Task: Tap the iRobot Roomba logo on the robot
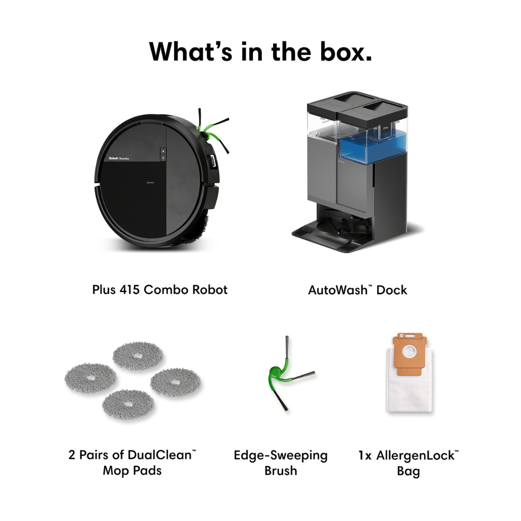(119, 158)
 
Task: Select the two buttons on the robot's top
(163, 154)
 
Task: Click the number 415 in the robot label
(129, 290)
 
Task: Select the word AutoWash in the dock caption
(337, 290)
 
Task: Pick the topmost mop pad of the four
(137, 356)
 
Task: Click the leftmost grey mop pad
(90, 379)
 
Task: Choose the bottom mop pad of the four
(128, 404)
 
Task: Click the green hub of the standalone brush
(275, 372)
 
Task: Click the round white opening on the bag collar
(410, 352)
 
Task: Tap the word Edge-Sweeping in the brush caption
(280, 455)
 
